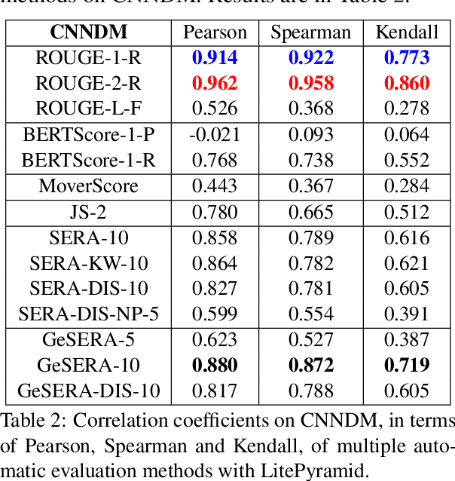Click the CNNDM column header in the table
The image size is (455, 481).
(x=88, y=32)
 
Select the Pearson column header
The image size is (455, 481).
(x=215, y=32)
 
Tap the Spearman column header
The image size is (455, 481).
(x=310, y=32)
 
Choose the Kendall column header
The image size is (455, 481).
(x=407, y=32)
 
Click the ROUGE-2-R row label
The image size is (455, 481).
(x=89, y=83)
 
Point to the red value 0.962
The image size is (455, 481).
(x=215, y=83)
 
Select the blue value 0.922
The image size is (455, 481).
(x=310, y=57)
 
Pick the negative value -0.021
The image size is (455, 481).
(x=215, y=135)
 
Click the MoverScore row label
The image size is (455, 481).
(x=89, y=186)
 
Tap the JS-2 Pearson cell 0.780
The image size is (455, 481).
(x=215, y=213)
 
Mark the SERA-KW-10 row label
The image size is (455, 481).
(x=89, y=263)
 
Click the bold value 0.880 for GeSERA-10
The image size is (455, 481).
(x=215, y=366)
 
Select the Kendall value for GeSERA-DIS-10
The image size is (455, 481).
(x=407, y=391)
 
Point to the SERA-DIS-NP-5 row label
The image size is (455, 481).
(x=89, y=314)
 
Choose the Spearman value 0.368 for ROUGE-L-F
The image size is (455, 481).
(x=310, y=109)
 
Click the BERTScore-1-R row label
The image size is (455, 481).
(x=89, y=160)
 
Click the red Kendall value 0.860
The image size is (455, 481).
(x=407, y=83)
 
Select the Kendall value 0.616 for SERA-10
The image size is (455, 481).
(x=407, y=238)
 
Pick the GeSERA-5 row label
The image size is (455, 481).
(x=89, y=340)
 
